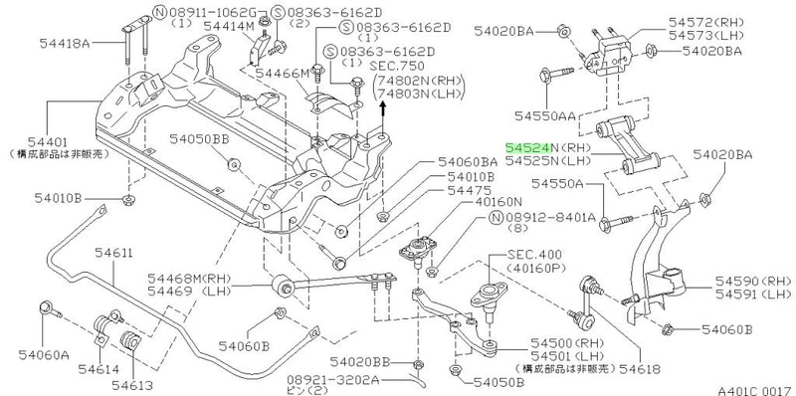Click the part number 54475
click(468, 189)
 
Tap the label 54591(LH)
click(753, 295)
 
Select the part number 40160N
click(477, 202)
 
